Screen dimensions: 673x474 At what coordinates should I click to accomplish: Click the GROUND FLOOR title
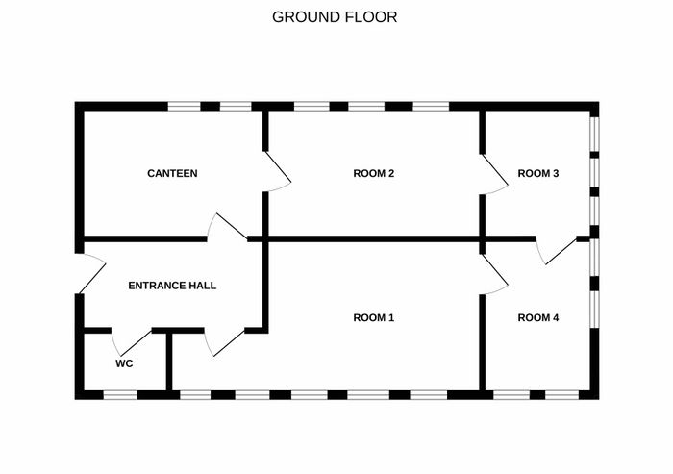pos(335,17)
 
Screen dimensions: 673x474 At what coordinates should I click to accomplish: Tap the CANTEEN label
pos(172,173)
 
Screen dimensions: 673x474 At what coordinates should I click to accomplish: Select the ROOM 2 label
pos(374,173)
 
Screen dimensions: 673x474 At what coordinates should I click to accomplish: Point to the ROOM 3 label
pos(538,173)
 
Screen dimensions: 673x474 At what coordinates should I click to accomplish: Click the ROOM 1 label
pos(374,317)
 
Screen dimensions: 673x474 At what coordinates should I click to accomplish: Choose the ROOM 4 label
pos(538,317)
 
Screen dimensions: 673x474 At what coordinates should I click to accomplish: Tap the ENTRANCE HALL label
pos(172,286)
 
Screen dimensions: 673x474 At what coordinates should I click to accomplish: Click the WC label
pos(124,363)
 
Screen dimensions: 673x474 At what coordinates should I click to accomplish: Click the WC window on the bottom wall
pos(120,395)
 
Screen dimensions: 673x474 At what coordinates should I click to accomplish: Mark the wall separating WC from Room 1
pos(169,362)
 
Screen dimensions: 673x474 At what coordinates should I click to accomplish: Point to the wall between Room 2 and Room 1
pos(374,239)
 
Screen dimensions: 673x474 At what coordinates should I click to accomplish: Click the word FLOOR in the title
pos(368,17)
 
